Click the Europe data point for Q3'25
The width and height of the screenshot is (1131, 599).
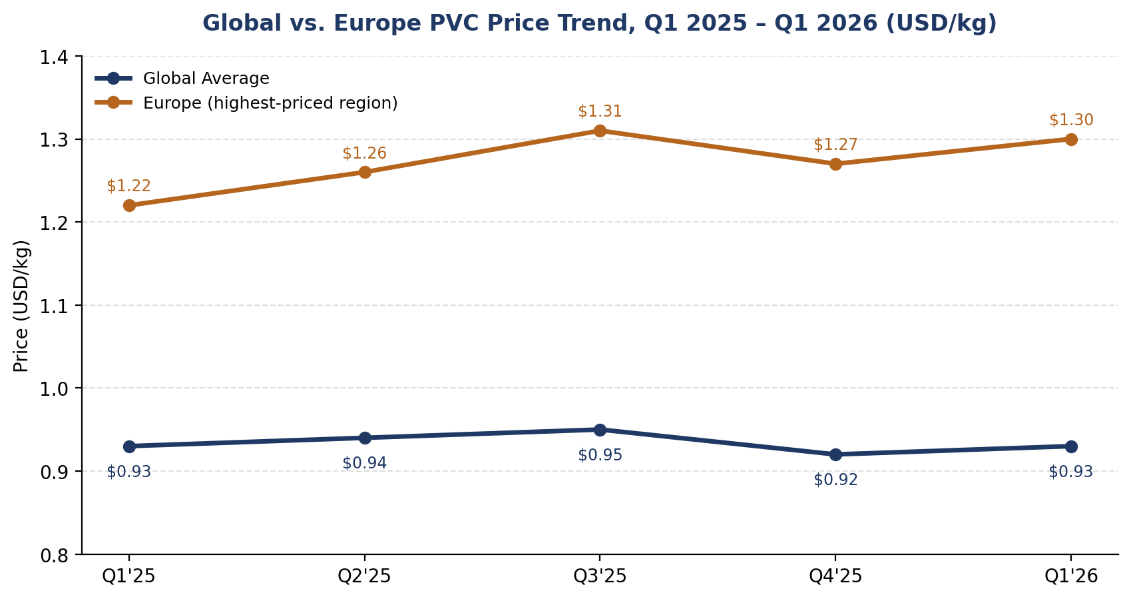pos(600,131)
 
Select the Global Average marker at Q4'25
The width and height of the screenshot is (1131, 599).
pos(835,454)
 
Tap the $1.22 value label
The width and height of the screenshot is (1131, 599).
pos(128,186)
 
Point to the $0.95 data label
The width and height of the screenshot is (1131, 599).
pos(600,455)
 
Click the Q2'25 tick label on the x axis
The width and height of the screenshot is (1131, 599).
pos(365,576)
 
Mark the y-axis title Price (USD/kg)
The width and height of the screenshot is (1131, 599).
pos(21,306)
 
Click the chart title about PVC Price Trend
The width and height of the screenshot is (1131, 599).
pos(600,23)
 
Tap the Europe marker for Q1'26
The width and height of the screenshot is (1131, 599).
pos(1071,139)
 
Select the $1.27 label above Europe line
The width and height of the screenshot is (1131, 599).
pos(835,145)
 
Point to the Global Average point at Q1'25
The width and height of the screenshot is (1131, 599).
pos(129,446)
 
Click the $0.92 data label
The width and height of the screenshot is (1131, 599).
pos(835,480)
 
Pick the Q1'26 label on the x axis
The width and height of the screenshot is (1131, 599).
pos(1071,576)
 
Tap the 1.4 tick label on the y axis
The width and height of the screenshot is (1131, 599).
pos(55,57)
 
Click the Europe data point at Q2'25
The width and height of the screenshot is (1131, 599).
pos(365,173)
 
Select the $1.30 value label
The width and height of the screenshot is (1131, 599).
pos(1071,121)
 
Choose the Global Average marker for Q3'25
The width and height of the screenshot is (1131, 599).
pos(600,430)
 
